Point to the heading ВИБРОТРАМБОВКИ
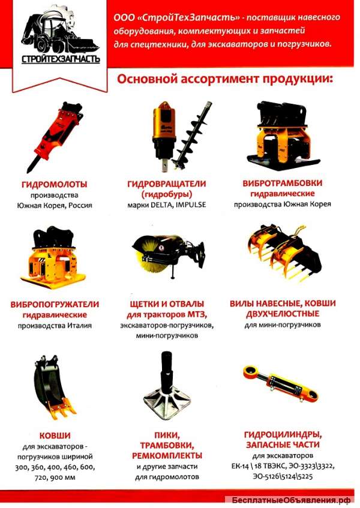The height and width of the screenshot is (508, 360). pyautogui.click(x=282, y=183)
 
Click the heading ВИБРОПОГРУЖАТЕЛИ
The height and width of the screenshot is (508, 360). pyautogui.click(x=55, y=304)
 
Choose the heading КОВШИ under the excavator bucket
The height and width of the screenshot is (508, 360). pyautogui.click(x=55, y=435)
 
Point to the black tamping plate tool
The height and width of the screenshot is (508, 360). pyautogui.click(x=167, y=384)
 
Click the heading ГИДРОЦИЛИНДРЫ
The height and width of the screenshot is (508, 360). pyautogui.click(x=281, y=434)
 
